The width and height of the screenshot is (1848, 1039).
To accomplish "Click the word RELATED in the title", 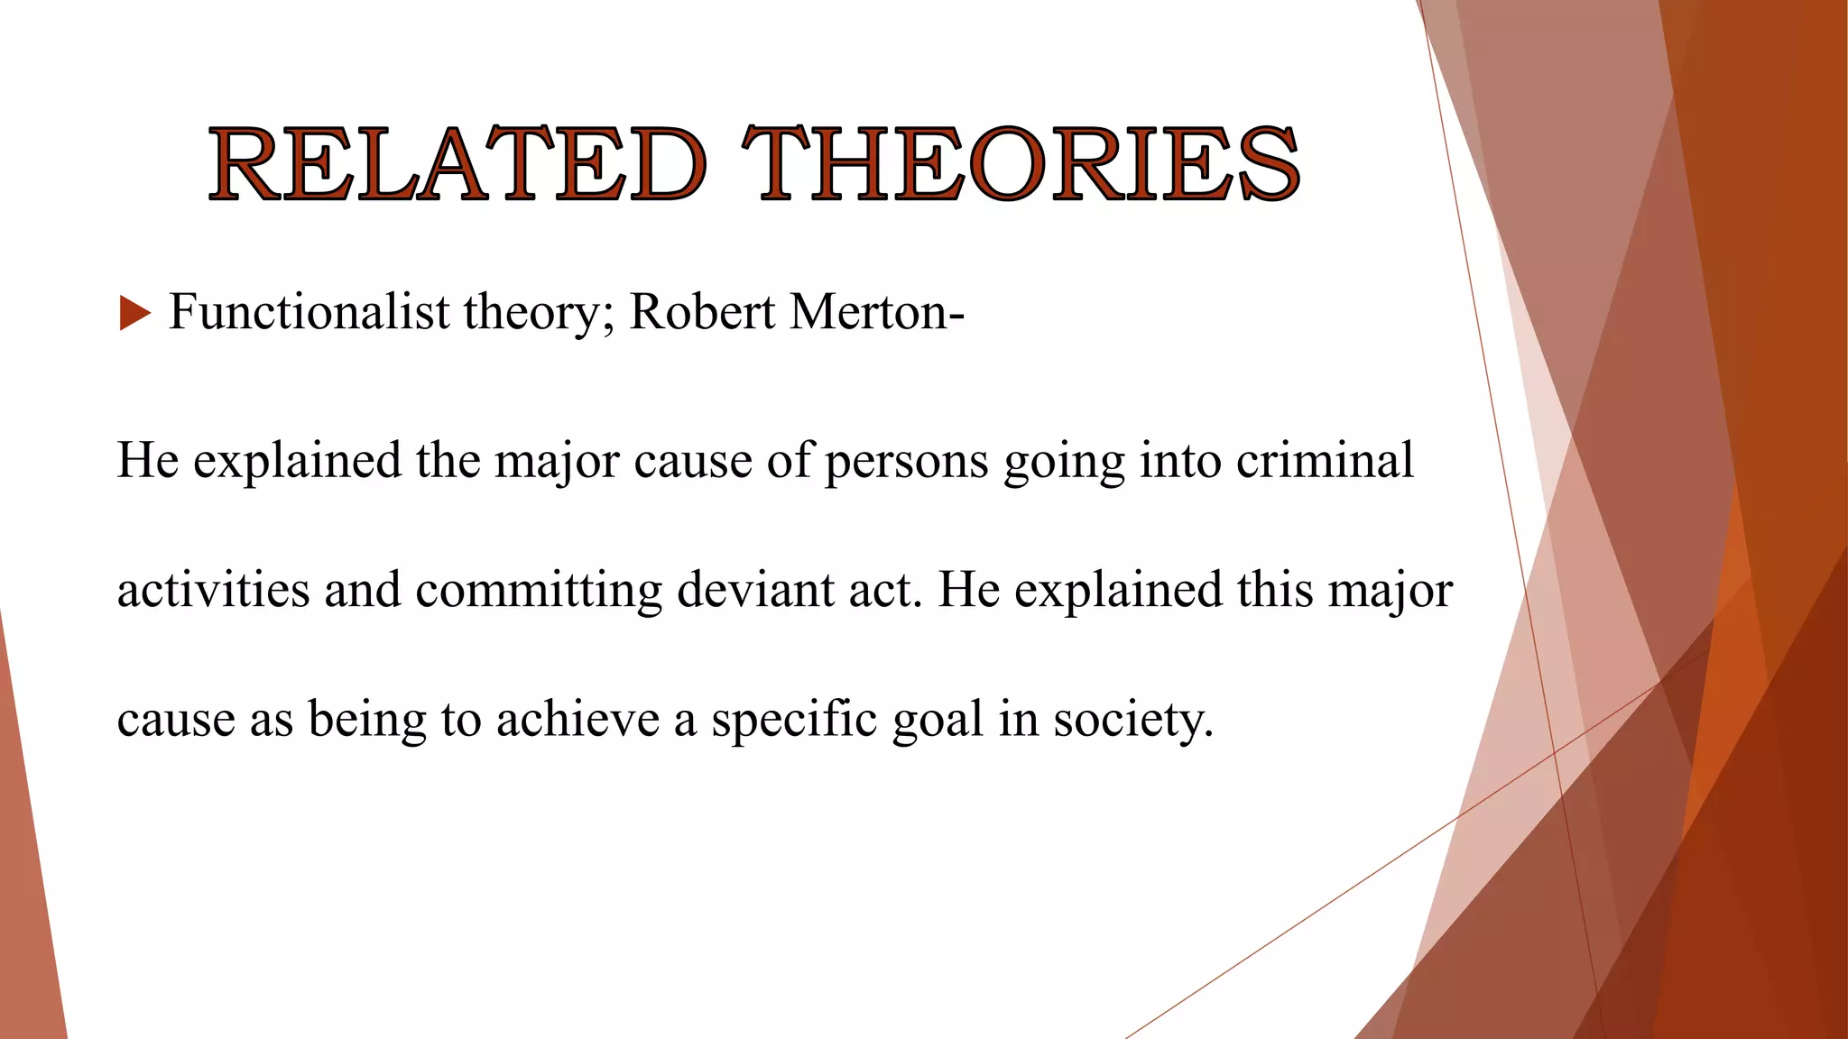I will [457, 164].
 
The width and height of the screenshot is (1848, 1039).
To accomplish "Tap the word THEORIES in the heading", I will [1021, 164].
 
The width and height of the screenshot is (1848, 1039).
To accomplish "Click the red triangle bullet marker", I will [134, 314].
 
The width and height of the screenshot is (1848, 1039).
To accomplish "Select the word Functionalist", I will [309, 312].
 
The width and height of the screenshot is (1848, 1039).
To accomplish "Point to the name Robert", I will [701, 312].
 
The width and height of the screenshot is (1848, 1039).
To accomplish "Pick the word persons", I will [906, 461].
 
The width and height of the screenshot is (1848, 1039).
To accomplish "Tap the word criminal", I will [1324, 460].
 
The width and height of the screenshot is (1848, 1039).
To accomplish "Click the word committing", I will [539, 592].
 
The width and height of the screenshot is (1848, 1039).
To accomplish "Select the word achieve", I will [577, 720].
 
